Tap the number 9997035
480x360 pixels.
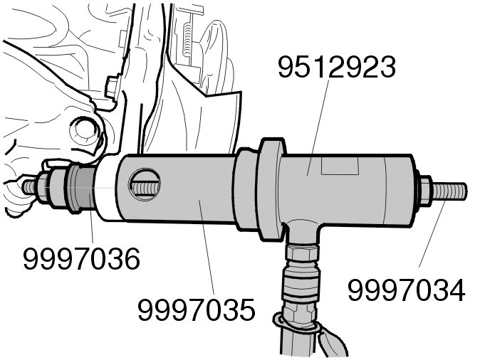click(x=196, y=311)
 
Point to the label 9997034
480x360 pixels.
click(x=406, y=290)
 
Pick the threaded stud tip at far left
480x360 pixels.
click(x=30, y=186)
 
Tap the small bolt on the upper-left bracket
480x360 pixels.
click(x=112, y=88)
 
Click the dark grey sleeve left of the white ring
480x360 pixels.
click(x=80, y=191)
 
